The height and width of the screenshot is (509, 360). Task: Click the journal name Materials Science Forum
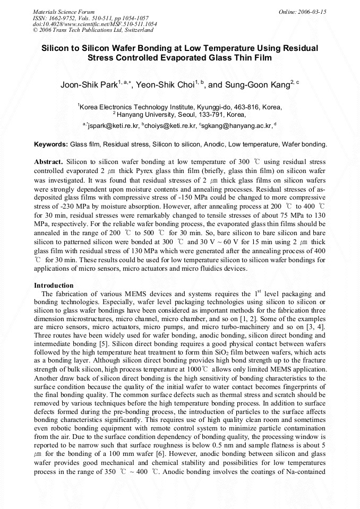point(64,12)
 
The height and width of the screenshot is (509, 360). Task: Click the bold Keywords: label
point(51,144)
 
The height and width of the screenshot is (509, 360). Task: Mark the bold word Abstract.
point(49,161)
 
